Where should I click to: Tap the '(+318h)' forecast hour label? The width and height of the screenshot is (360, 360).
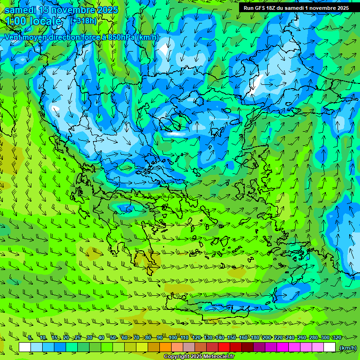coord(85,21)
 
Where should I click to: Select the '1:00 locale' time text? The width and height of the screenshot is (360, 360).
coord(33,21)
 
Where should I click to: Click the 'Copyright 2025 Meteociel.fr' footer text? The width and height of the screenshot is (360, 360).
coord(199,356)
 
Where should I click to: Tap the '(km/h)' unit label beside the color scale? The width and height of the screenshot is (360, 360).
coord(347,348)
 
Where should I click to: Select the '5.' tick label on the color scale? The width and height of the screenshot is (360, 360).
coord(30,337)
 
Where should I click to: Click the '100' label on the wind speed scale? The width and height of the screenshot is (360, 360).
coord(172,337)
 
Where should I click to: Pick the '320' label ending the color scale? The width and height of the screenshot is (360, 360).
coord(337,337)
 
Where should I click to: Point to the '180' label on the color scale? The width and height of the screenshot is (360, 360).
coord(255,337)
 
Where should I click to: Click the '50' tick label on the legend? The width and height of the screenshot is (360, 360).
coord(113,337)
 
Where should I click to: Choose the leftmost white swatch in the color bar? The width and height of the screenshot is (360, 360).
coord(25,347)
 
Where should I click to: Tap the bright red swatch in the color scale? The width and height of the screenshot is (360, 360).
coord(224,347)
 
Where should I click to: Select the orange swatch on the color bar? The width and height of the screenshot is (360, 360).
coord(165,347)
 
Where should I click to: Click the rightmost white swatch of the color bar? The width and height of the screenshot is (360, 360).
coord(330,347)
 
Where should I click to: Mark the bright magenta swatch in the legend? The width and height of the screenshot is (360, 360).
coord(283,347)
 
